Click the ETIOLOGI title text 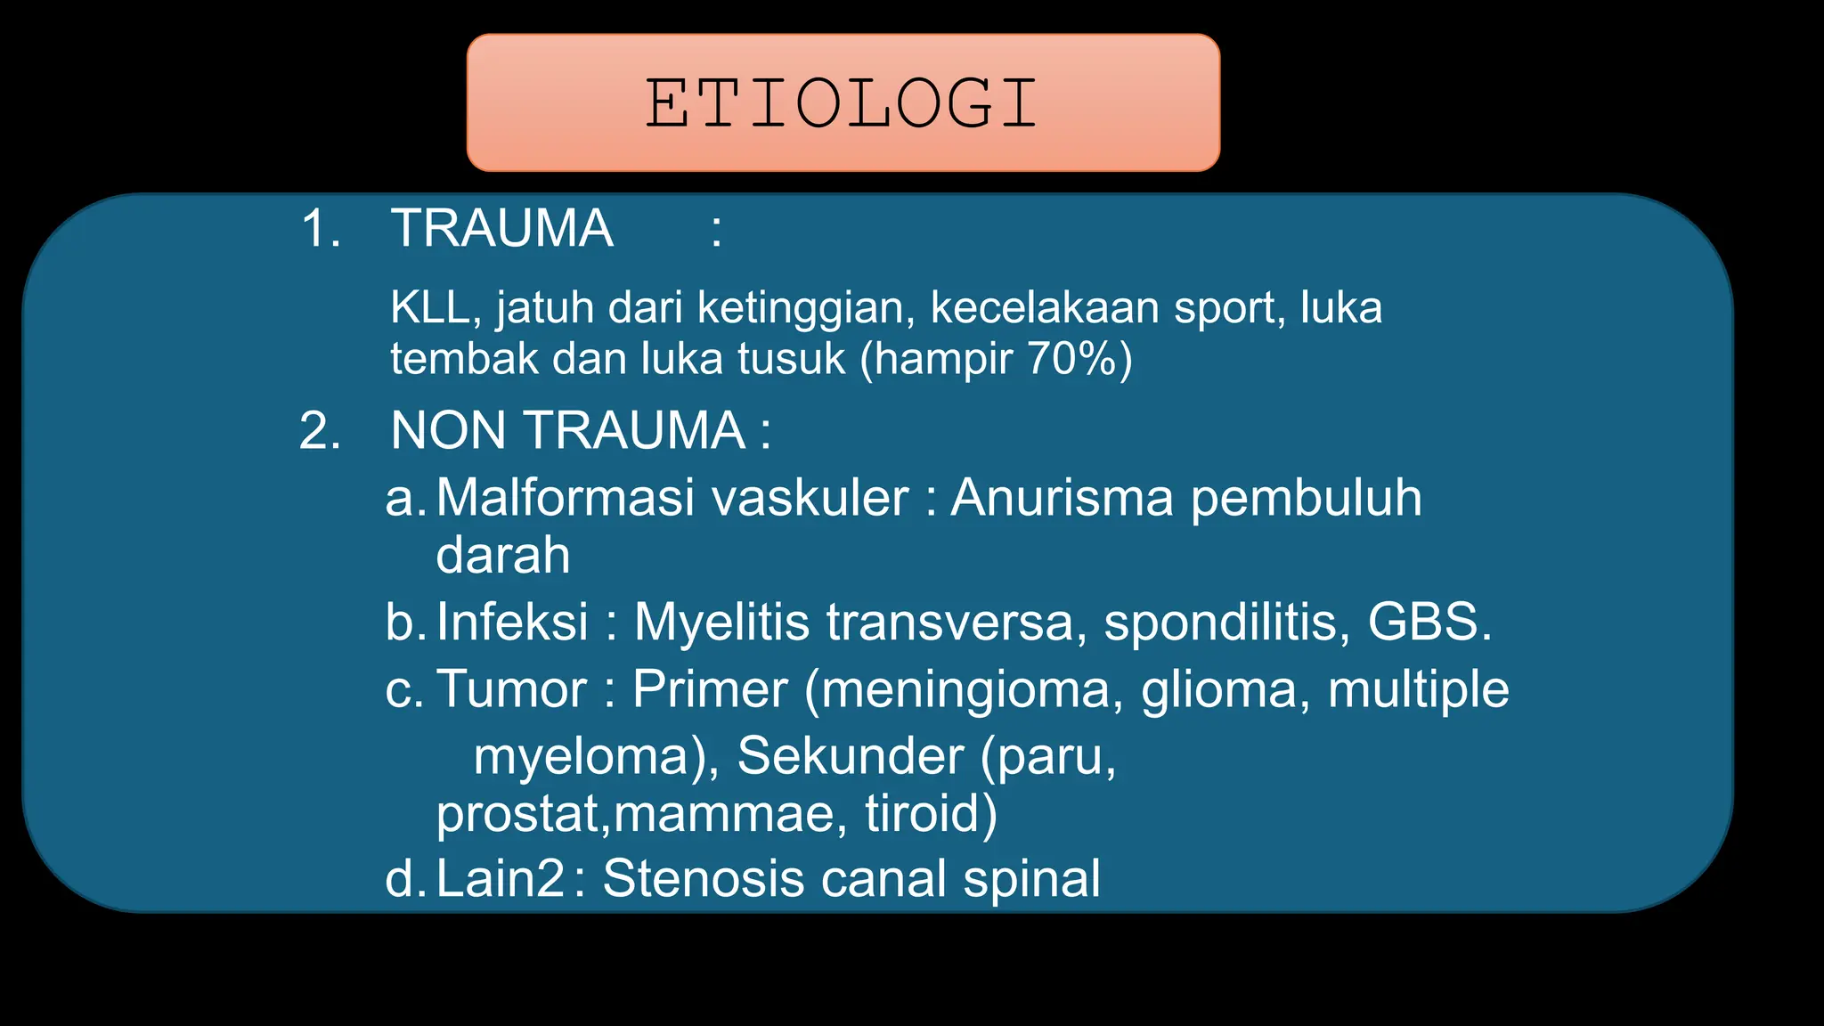[x=842, y=103]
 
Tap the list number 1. [x=320, y=229]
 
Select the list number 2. [x=320, y=431]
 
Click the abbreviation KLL [x=429, y=308]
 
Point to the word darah [x=502, y=555]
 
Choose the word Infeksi [x=512, y=622]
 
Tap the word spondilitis [x=1221, y=622]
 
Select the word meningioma [x=965, y=691]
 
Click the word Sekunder [x=850, y=756]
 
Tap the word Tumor [x=511, y=689]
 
